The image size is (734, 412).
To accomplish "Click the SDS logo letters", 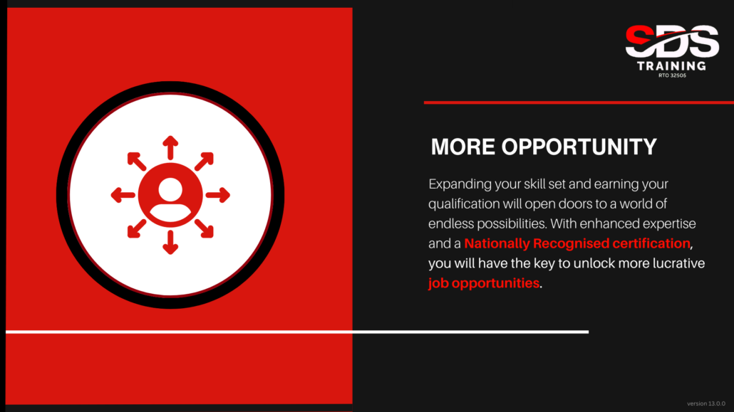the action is [x=672, y=41].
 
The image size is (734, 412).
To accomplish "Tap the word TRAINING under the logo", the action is [x=672, y=66].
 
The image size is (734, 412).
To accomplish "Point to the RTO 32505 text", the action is [x=672, y=75].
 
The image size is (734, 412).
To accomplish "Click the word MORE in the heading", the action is [x=463, y=147].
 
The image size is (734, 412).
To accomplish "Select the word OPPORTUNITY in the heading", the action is [x=579, y=147].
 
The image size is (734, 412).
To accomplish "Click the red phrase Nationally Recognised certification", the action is [x=577, y=243].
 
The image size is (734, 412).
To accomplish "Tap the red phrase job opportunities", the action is [x=484, y=283].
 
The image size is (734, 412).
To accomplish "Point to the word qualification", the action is [x=464, y=204].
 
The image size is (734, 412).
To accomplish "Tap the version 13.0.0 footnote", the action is [x=706, y=403].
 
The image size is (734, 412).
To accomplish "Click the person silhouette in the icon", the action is [x=170, y=198].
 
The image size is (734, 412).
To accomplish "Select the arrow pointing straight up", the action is [x=170, y=148].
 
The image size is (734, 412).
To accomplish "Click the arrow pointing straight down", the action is [x=170, y=242].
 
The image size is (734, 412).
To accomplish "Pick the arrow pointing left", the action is [x=123, y=195].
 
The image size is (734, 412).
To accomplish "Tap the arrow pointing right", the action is [x=217, y=195].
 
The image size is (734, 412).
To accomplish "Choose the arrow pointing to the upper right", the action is [x=204, y=162].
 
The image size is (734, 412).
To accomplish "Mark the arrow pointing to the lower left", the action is [x=137, y=228].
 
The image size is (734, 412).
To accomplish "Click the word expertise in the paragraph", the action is [x=669, y=224].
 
